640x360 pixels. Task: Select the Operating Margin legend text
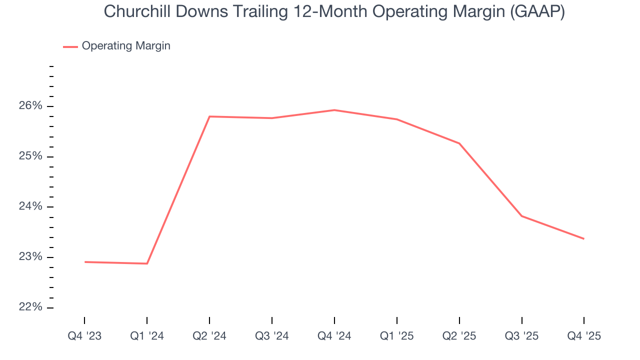click(126, 46)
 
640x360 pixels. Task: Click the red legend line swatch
click(70, 46)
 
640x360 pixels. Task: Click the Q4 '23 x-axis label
click(84, 336)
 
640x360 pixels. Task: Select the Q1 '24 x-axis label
click(147, 336)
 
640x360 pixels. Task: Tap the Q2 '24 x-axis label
click(209, 336)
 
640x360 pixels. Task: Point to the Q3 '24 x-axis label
click(272, 336)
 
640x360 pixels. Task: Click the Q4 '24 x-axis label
click(334, 336)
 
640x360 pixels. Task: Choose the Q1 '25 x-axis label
click(397, 336)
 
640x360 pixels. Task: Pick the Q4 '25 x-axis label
click(584, 336)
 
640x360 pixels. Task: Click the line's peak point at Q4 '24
click(334, 110)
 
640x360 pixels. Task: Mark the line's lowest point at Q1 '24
click(147, 263)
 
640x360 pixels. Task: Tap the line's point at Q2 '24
click(209, 116)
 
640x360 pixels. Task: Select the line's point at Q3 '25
click(522, 216)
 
